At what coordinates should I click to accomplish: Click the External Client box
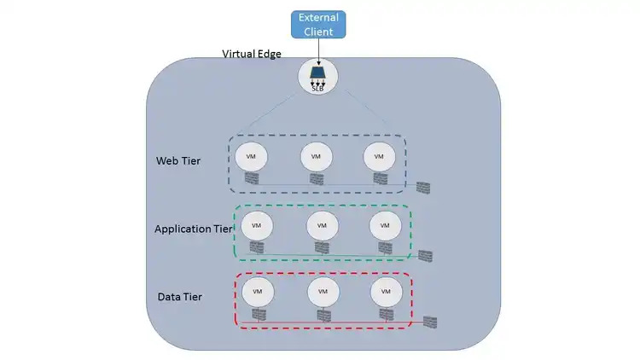point(319,25)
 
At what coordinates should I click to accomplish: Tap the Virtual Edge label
point(251,55)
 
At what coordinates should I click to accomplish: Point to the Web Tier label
point(178,160)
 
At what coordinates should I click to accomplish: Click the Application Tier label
point(193,229)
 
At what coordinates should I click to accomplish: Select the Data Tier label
point(180,296)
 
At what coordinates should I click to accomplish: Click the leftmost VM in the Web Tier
point(251,156)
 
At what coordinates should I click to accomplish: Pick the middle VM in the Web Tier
point(316,156)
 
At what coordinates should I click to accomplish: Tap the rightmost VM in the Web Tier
point(380,156)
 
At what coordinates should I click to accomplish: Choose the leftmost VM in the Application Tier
point(256,225)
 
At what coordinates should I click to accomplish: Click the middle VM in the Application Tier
point(322,225)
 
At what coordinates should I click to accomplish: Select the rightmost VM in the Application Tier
point(385,225)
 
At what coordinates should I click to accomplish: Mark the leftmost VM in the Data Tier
point(257,291)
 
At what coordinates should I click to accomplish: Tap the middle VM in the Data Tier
point(323,291)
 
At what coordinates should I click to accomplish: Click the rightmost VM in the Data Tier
point(386,291)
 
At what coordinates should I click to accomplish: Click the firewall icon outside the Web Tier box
point(424,187)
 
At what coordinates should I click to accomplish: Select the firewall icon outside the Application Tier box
point(426,256)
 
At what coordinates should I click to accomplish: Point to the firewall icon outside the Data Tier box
point(430,321)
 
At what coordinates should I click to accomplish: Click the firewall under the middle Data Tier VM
point(323,315)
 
